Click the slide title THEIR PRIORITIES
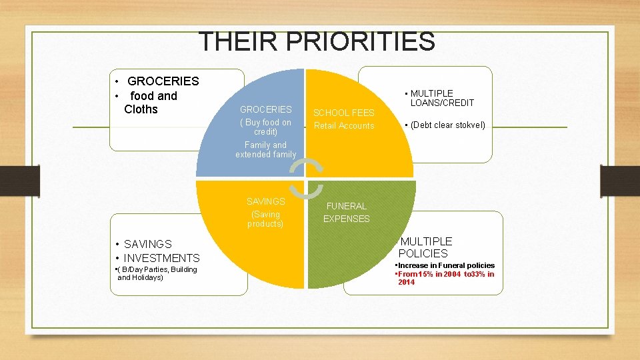tap(317, 41)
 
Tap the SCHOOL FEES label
tap(344, 113)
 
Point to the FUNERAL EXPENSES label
tap(346, 213)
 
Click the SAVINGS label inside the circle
tap(265, 201)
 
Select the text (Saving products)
tap(265, 219)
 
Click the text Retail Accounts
tap(344, 126)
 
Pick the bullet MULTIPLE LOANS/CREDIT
tap(441, 98)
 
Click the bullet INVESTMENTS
tap(160, 258)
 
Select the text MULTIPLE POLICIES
tap(425, 247)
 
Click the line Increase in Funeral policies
tap(445, 265)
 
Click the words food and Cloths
tap(151, 103)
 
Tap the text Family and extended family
tap(265, 150)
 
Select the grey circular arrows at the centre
tap(305, 179)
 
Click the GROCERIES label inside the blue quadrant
tap(265, 109)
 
